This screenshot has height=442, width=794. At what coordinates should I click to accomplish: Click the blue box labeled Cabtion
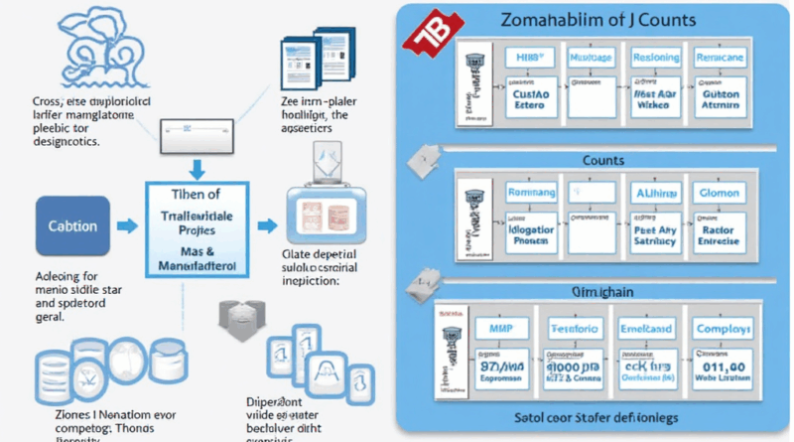click(x=73, y=225)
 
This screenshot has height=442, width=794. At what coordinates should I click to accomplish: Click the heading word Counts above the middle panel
click(x=603, y=159)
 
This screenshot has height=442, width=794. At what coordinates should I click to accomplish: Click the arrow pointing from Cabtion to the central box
click(x=125, y=226)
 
